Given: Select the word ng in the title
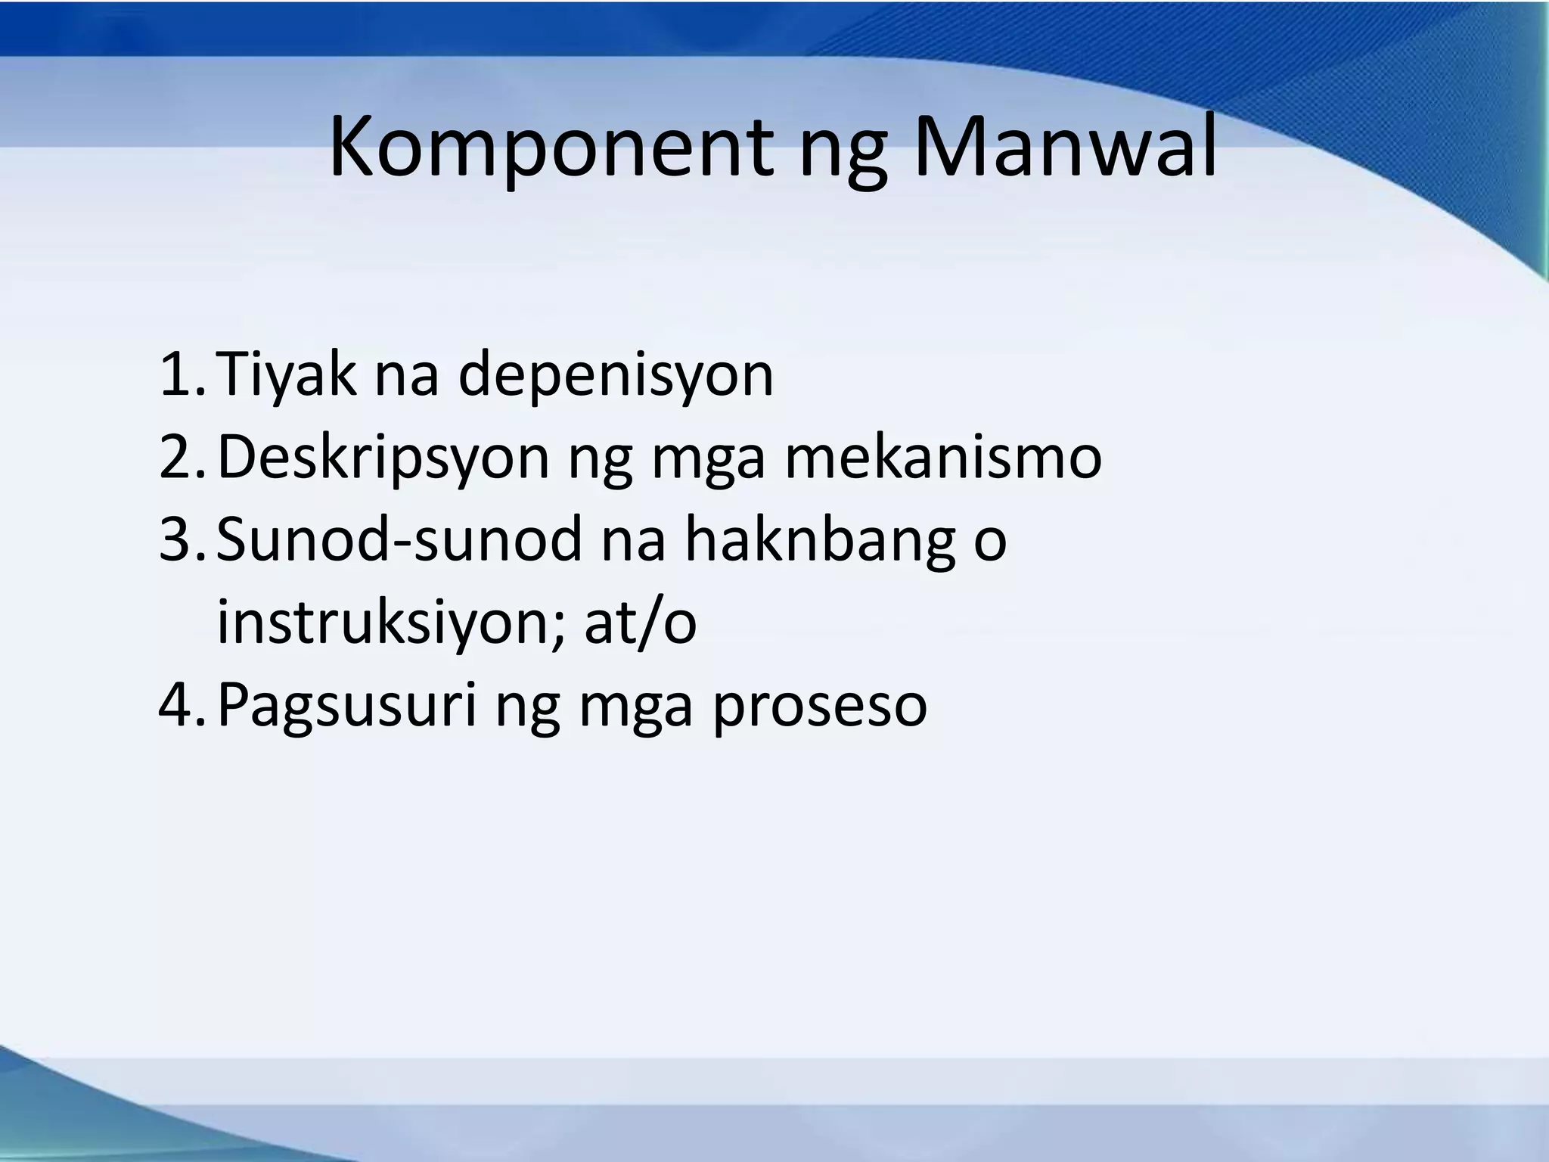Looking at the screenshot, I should tap(843, 155).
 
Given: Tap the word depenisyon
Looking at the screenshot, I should tap(616, 376).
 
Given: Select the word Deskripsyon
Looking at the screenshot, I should tap(383, 458).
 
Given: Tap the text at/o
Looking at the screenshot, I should tap(640, 621).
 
